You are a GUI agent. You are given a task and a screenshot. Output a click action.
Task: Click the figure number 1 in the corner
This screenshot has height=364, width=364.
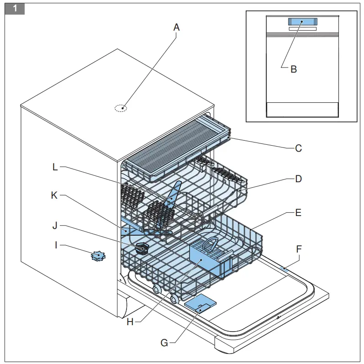[x=15, y=9]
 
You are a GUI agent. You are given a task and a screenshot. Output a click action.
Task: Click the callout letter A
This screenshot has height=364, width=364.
[x=176, y=28]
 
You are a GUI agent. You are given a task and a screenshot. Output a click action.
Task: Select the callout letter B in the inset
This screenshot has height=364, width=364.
[x=294, y=69]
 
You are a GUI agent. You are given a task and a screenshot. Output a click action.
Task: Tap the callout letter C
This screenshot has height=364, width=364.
[x=298, y=148]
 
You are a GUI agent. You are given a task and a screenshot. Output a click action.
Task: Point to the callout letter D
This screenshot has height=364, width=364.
[x=298, y=179]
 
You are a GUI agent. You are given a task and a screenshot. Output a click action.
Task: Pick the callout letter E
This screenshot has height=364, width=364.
[x=298, y=213]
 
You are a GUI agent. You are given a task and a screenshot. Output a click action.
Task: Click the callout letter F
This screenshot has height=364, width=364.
[x=299, y=249]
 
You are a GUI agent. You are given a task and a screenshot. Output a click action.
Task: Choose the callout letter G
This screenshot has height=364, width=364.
[x=165, y=342]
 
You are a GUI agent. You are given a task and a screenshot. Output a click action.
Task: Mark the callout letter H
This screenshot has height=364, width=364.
[x=130, y=322]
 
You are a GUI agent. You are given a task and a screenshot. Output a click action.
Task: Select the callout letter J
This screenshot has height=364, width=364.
[x=55, y=226]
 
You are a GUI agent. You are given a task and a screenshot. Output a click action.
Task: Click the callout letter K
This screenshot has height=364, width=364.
[x=54, y=195]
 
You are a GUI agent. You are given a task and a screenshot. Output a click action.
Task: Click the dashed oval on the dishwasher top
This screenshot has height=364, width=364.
[x=121, y=108]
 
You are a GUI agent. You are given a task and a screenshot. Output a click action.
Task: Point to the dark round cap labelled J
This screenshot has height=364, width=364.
[x=142, y=248]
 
